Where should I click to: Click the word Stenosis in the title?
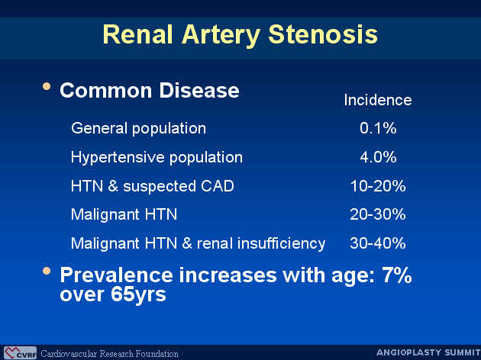click(323, 34)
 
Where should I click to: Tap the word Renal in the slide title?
click(137, 34)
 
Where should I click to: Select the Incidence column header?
click(378, 100)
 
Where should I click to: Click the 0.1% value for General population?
click(378, 128)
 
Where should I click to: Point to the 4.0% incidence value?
click(378, 157)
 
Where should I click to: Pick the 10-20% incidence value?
click(378, 186)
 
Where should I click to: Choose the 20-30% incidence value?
click(378, 214)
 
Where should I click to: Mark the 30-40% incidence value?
click(378, 243)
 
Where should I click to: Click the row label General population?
click(138, 128)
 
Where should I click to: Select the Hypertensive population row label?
click(157, 157)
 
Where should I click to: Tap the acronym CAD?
click(218, 186)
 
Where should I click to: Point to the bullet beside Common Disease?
click(47, 86)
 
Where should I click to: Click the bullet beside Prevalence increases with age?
click(47, 271)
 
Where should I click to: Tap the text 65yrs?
click(138, 294)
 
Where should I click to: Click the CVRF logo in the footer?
click(21, 352)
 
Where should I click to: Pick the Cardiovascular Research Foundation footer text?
click(109, 353)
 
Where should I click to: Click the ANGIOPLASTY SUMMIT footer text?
click(428, 352)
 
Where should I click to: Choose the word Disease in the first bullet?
click(199, 91)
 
